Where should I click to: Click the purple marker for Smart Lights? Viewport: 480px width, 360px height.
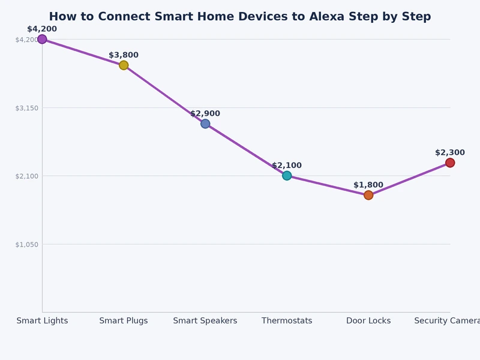pyautogui.click(x=42, y=39)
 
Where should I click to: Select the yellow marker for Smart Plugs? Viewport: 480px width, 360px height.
pyautogui.click(x=124, y=65)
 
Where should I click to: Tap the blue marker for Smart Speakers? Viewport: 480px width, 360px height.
pyautogui.click(x=205, y=124)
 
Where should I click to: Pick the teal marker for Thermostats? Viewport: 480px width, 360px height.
pyautogui.click(x=287, y=176)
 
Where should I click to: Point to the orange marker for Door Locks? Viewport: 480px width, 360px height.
pyautogui.click(x=368, y=195)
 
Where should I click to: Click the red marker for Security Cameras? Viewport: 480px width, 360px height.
pyautogui.click(x=450, y=163)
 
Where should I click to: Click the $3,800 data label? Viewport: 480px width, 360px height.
pyautogui.click(x=124, y=55)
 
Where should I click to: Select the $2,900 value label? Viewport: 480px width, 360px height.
pyautogui.click(x=205, y=113)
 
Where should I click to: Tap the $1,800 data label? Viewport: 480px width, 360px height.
pyautogui.click(x=368, y=185)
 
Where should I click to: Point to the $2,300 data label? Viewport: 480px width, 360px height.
pyautogui.click(x=450, y=152)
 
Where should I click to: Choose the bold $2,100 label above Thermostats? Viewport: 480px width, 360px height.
pyautogui.click(x=287, y=166)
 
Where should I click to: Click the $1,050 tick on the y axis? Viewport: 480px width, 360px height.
pyautogui.click(x=26, y=244)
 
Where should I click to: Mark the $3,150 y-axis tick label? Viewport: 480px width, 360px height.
pyautogui.click(x=26, y=108)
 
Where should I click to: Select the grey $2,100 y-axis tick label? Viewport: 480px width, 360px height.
pyautogui.click(x=26, y=176)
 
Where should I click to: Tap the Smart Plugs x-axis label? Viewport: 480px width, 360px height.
pyautogui.click(x=124, y=321)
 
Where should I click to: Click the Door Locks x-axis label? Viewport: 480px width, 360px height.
pyautogui.click(x=368, y=321)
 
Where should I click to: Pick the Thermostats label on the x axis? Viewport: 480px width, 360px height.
pyautogui.click(x=287, y=321)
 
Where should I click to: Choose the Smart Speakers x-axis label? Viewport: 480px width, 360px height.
pyautogui.click(x=205, y=321)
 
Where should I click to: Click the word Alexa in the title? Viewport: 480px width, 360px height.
pyautogui.click(x=328, y=17)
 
